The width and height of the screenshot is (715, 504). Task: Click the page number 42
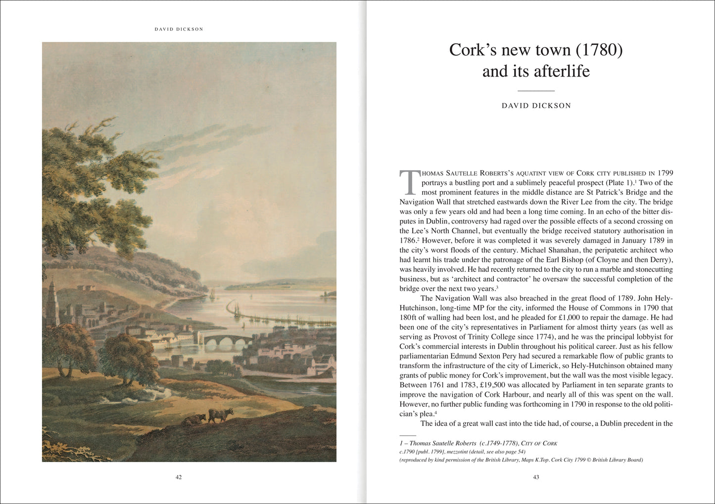[x=179, y=477]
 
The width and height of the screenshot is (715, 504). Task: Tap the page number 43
[x=536, y=477]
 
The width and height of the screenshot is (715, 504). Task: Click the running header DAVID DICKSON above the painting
[x=179, y=29]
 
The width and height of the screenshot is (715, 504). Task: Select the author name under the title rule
[x=536, y=106]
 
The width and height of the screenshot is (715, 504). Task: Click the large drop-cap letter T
[x=409, y=182]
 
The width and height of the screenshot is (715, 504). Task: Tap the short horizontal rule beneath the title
[x=536, y=91]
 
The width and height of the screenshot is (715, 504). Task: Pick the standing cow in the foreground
[x=221, y=414]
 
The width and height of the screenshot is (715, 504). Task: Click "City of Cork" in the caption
[x=540, y=443]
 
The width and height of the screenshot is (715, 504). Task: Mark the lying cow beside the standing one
[x=194, y=420]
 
